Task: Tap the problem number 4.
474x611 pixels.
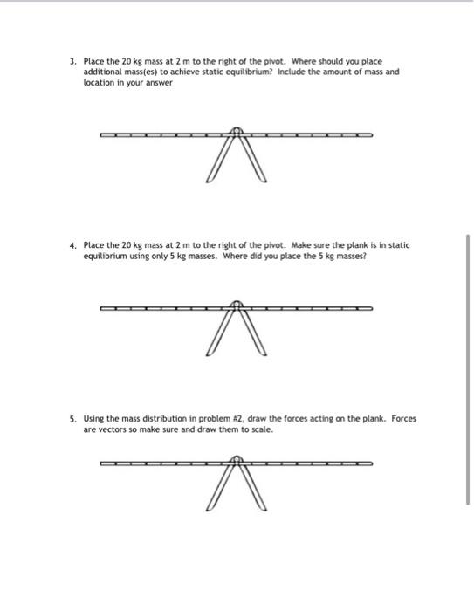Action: [x=73, y=245]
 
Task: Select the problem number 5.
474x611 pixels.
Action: [x=73, y=419]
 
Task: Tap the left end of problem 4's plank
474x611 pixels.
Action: [x=103, y=308]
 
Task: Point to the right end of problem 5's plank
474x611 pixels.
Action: [x=370, y=463]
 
